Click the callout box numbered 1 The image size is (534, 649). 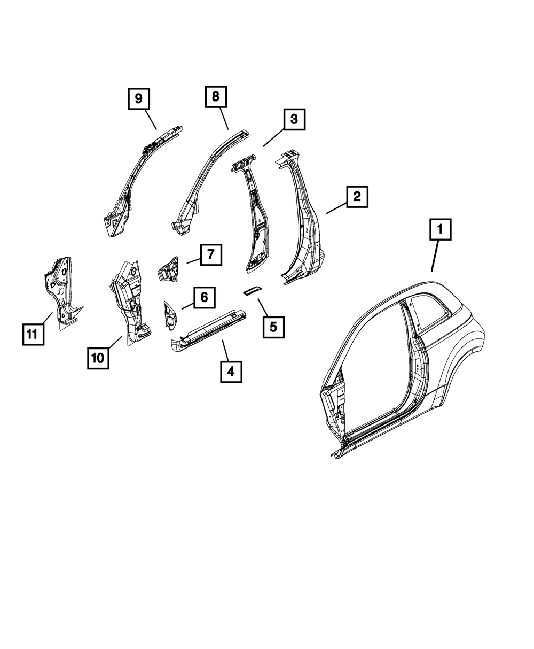[441, 230]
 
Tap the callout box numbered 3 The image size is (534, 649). [294, 120]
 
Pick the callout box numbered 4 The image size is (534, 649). [231, 371]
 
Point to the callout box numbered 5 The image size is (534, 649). [273, 327]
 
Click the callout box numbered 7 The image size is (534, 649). [211, 254]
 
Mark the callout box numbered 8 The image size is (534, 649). [215, 97]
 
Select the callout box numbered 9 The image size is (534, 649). [138, 99]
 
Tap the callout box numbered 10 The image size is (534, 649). [98, 358]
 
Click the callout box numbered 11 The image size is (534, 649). [32, 334]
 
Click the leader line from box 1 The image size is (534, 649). [435, 257]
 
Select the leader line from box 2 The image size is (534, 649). [336, 207]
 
